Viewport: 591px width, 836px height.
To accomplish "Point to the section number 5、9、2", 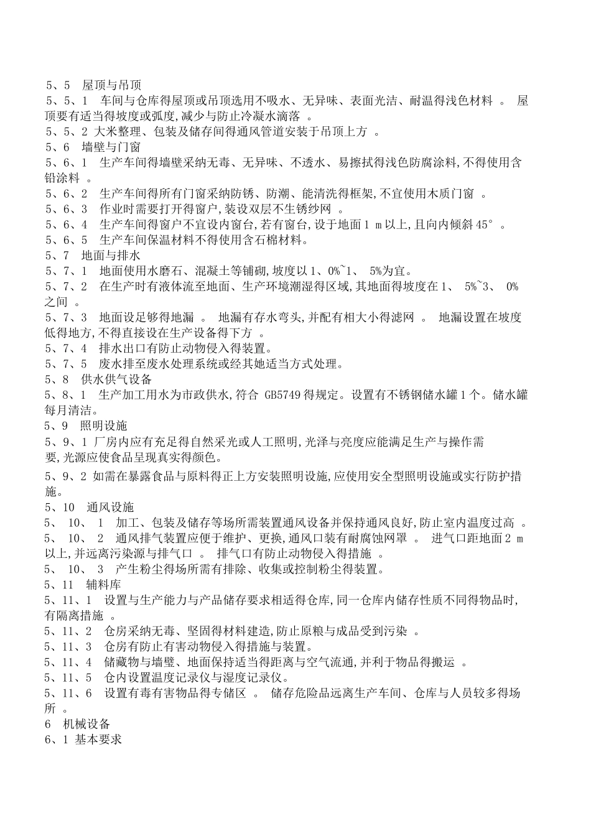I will tap(66, 477).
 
